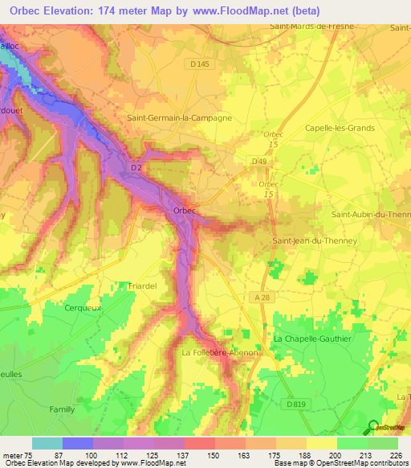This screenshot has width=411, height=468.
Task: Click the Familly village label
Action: tap(62, 409)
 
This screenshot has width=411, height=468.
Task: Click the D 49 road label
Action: tap(259, 161)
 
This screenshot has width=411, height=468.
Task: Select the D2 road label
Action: tap(136, 167)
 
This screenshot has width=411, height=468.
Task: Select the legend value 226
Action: tap(396, 455)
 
